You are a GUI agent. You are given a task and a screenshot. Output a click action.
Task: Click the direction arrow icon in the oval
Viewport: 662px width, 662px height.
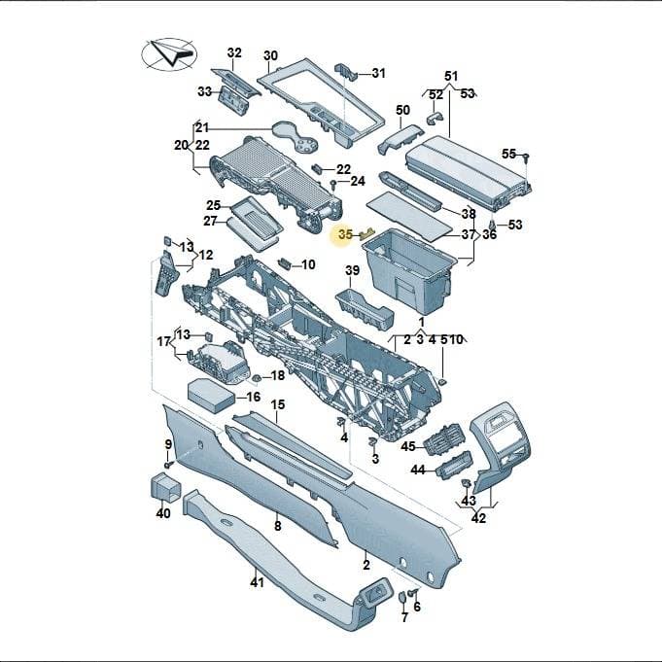point(173,52)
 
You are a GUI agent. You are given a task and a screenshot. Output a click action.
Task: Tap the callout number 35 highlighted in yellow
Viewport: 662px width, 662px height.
point(345,234)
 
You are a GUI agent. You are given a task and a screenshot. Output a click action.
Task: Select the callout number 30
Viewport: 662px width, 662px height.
point(270,55)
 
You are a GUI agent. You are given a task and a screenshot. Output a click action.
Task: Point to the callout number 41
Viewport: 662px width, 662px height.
point(257,582)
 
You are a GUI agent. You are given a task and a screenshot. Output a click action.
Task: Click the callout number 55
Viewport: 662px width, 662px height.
point(508,155)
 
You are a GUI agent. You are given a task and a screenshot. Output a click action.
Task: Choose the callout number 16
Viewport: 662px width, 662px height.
point(254,397)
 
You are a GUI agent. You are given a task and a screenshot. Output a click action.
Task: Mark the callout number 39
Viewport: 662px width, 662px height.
point(352,270)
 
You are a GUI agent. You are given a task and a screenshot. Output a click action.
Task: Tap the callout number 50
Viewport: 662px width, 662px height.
point(402,110)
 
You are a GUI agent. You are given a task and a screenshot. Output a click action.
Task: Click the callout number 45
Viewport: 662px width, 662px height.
point(408,446)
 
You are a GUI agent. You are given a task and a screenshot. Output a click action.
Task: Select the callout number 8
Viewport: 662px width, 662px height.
point(277,526)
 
